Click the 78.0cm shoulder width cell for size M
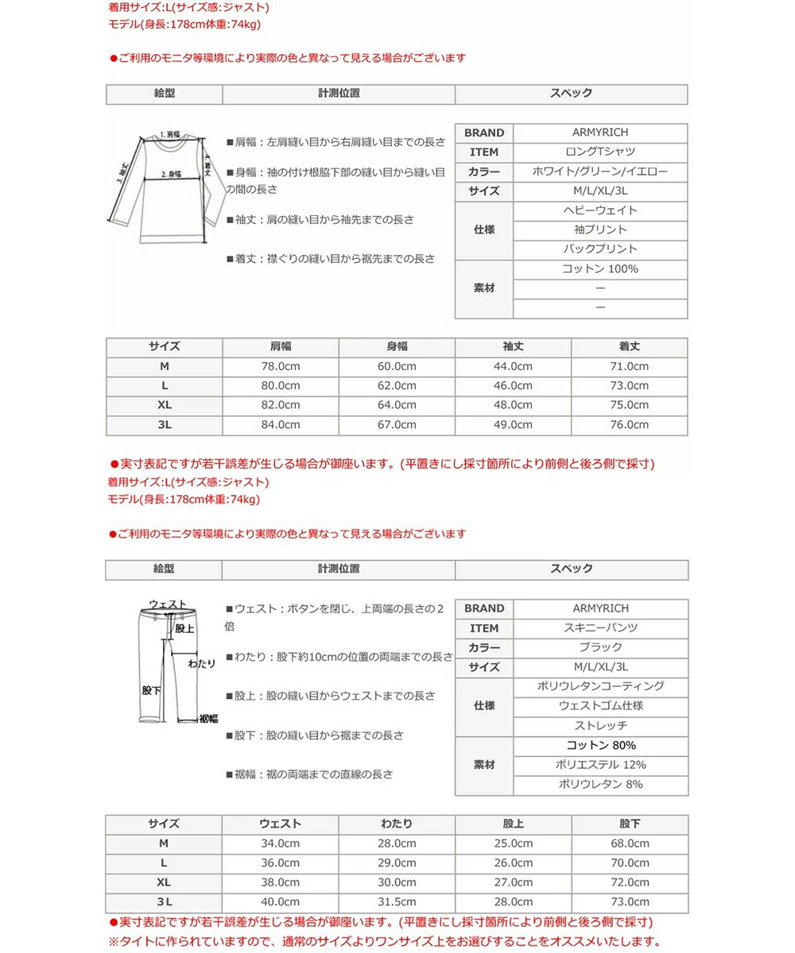click(x=280, y=366)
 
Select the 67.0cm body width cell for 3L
click(x=397, y=425)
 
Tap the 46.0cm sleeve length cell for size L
click(x=513, y=386)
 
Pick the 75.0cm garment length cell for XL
click(x=629, y=405)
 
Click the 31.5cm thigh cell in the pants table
click(x=397, y=902)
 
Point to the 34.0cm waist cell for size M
click(x=280, y=843)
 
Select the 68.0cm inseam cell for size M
click(x=630, y=843)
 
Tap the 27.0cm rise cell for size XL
click(x=514, y=882)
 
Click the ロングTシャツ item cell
click(x=600, y=152)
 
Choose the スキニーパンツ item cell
click(x=600, y=627)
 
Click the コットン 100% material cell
click(x=600, y=269)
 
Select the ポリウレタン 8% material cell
click(x=600, y=785)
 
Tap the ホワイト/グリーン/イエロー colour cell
click(x=600, y=172)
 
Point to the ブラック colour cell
click(x=600, y=647)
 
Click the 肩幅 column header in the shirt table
click(x=280, y=346)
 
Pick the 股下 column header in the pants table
click(x=630, y=824)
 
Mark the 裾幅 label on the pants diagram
click(x=208, y=719)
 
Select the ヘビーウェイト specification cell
click(x=600, y=210)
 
